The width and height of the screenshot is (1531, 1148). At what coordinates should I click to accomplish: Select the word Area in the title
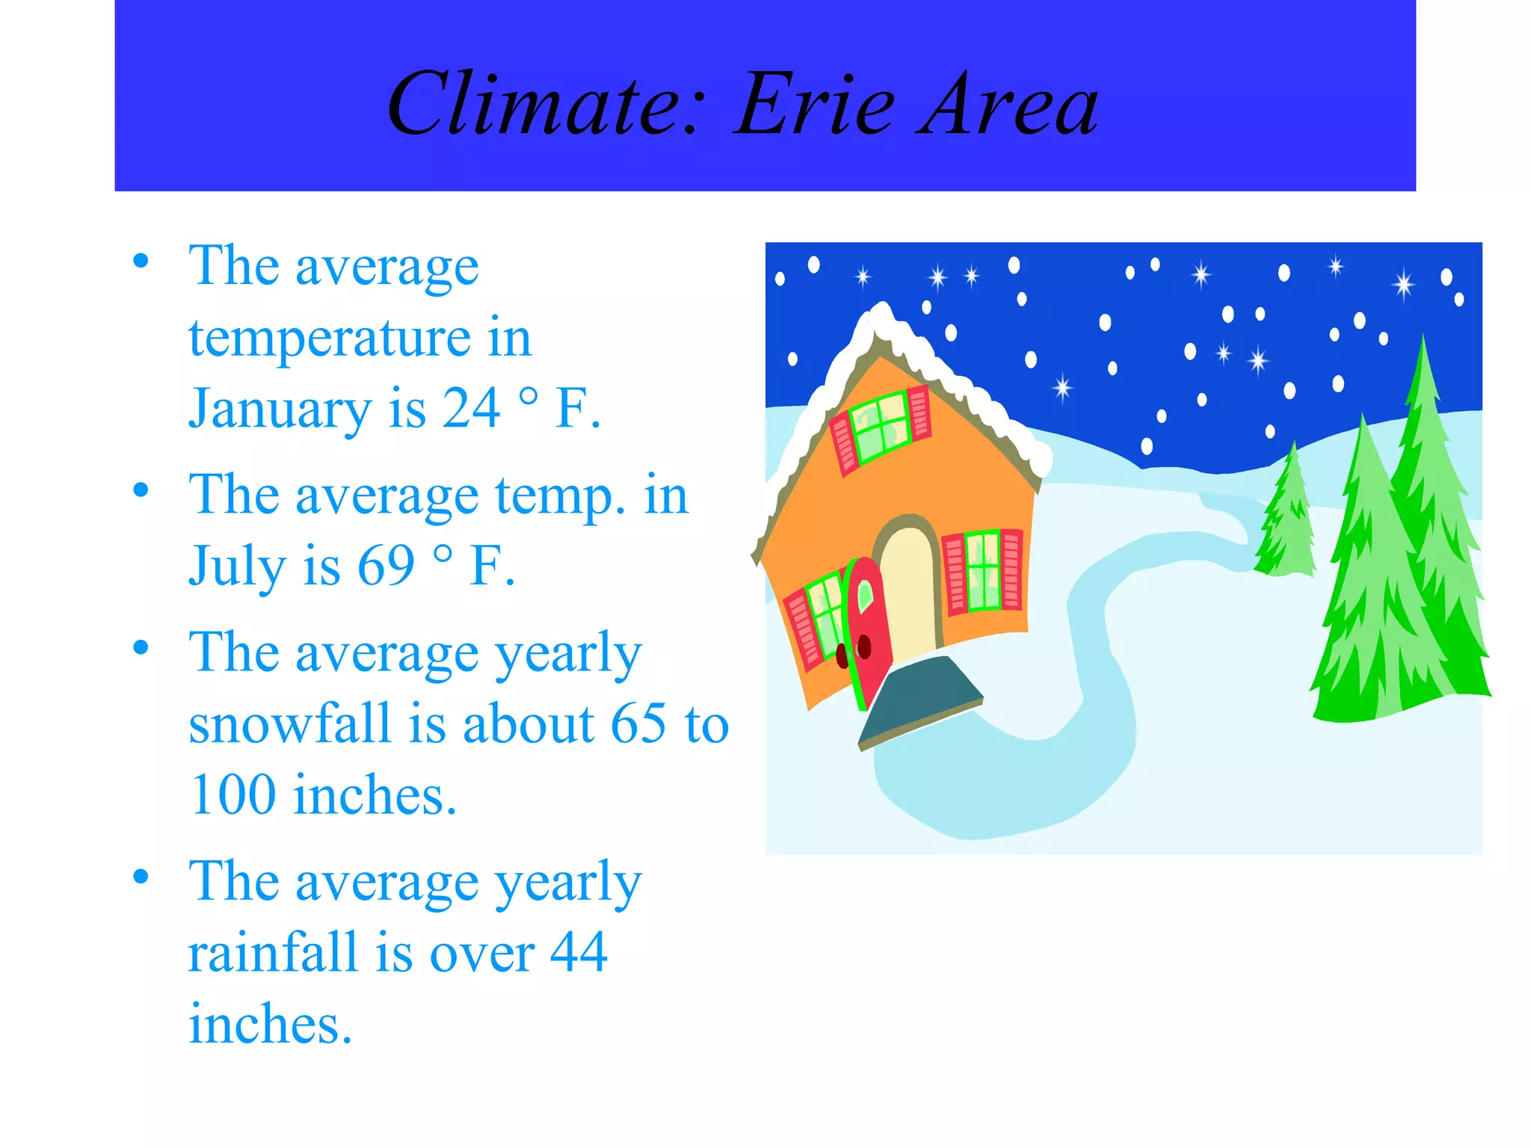(1009, 105)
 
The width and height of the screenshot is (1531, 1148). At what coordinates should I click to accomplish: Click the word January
(280, 410)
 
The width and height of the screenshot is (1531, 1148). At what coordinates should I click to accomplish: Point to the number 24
(471, 408)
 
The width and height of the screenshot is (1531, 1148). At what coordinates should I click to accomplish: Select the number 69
(386, 565)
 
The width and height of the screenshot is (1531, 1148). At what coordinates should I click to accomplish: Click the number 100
(233, 794)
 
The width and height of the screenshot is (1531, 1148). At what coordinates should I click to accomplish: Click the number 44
(579, 952)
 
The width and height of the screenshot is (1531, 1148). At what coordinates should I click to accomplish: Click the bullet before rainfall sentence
(141, 876)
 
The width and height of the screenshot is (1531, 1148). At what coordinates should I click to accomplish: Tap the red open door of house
(869, 628)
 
